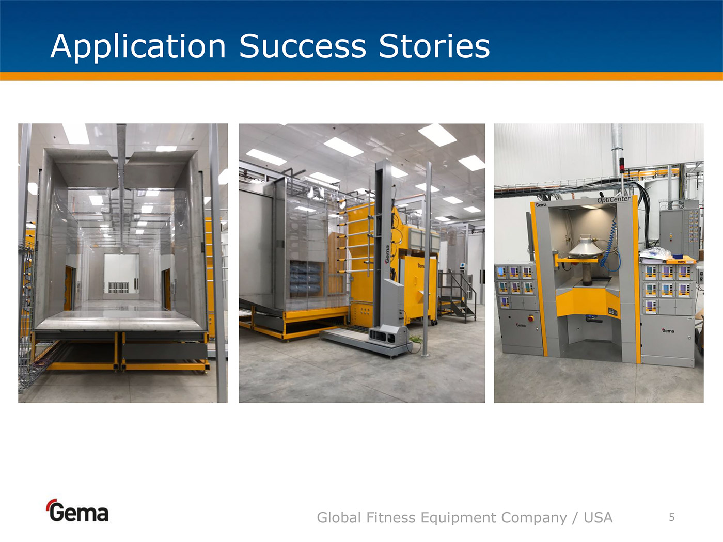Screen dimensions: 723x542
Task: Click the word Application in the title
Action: click(138, 47)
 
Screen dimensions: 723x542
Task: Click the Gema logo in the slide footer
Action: click(77, 511)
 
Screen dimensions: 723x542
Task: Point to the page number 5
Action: click(672, 517)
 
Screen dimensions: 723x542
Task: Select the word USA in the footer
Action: click(598, 518)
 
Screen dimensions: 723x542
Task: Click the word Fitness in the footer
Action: click(390, 518)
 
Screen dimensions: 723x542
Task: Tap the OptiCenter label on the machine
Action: click(614, 200)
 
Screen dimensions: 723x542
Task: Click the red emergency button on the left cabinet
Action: click(531, 318)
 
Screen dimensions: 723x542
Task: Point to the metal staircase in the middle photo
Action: click(457, 296)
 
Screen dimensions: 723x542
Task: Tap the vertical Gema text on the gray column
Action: click(388, 254)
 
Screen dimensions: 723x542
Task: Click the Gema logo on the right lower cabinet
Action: click(668, 331)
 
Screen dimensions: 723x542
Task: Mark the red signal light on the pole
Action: click(622, 166)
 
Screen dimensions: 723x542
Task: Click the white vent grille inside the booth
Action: click(119, 288)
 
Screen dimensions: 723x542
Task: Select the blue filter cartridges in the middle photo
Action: click(305, 279)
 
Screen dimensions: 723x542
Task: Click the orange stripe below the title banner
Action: click(361, 76)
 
